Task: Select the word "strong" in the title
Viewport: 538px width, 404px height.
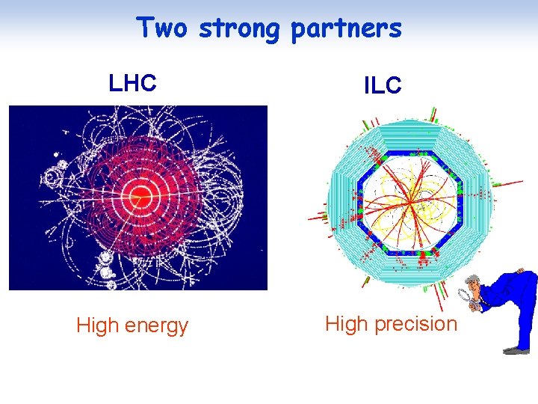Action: pyautogui.click(x=239, y=29)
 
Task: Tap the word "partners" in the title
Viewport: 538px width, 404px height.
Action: pyautogui.click(x=345, y=29)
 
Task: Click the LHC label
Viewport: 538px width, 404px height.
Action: pyautogui.click(x=132, y=83)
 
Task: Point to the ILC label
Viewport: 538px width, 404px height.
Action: pyautogui.click(x=383, y=86)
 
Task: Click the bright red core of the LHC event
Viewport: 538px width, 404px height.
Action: pyautogui.click(x=140, y=197)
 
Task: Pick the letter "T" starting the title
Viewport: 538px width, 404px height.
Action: pyautogui.click(x=144, y=28)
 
